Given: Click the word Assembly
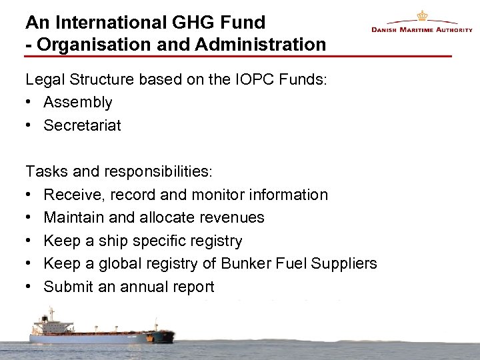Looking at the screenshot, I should [78, 103].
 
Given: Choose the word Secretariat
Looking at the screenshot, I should [82, 125].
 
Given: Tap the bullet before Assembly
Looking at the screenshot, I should [30, 103].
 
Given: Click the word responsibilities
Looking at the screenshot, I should [157, 172].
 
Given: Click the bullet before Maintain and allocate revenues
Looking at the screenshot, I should [30, 217].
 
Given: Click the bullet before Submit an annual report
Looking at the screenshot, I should [30, 287].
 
